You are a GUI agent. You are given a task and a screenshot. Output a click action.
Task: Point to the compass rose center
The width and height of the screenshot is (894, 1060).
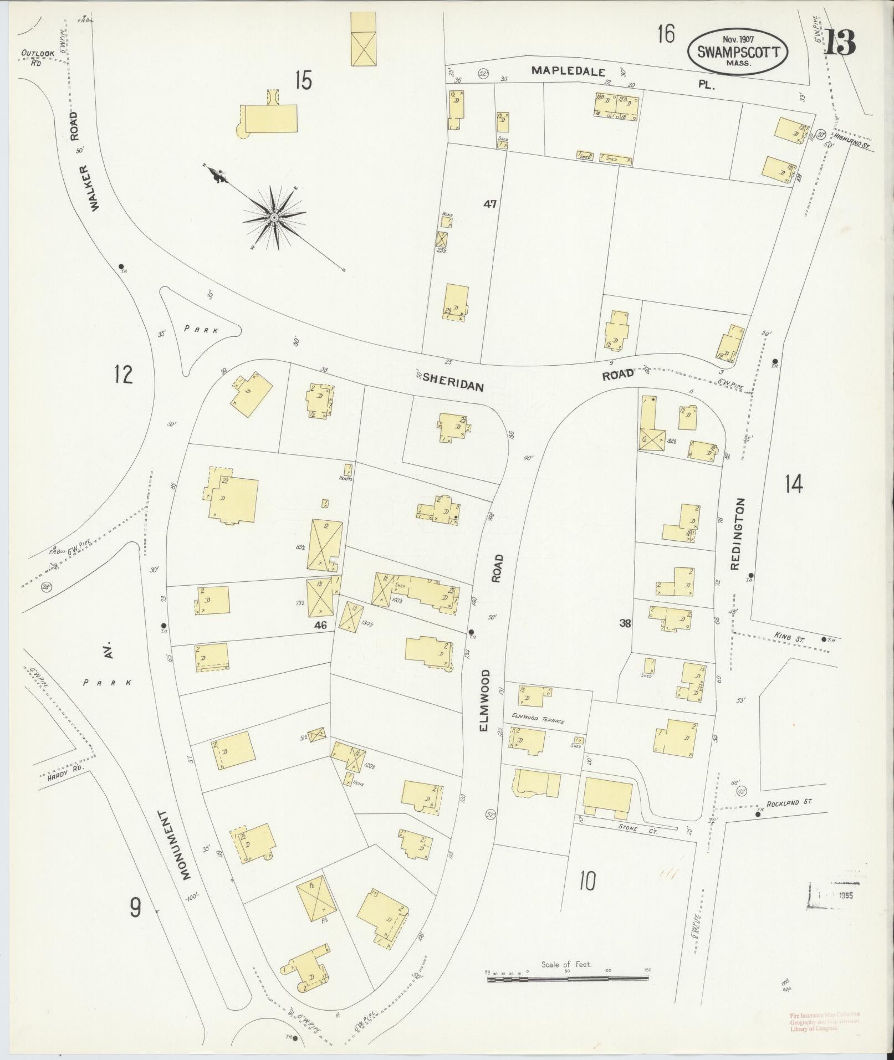pyautogui.click(x=274, y=218)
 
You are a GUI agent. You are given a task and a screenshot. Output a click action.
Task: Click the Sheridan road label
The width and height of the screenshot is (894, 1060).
pyautogui.click(x=453, y=382)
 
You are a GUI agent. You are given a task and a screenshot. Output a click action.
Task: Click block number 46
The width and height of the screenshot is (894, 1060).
pyautogui.click(x=320, y=625)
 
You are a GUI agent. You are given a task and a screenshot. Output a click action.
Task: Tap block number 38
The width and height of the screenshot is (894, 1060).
pyautogui.click(x=625, y=623)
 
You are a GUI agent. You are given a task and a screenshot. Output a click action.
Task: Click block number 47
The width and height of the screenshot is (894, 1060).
pyautogui.click(x=489, y=204)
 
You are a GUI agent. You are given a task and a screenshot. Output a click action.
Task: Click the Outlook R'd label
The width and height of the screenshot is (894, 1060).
pyautogui.click(x=37, y=57)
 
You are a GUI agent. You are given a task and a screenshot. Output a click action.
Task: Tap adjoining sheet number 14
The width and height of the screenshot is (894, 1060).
pyautogui.click(x=793, y=485)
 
